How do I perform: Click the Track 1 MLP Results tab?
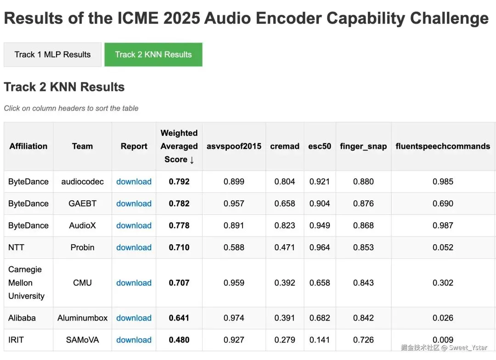pyautogui.click(x=52, y=55)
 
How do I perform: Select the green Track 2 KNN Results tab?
pyautogui.click(x=153, y=55)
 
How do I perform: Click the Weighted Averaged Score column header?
pyautogui.click(x=179, y=146)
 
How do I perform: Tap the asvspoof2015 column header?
pyautogui.click(x=234, y=146)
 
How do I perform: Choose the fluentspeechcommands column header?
pyautogui.click(x=443, y=146)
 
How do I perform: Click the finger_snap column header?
pyautogui.click(x=363, y=146)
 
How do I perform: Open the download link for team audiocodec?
pyautogui.click(x=134, y=181)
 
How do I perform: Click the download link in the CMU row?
pyautogui.click(x=134, y=283)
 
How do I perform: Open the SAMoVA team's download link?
pyautogui.click(x=134, y=340)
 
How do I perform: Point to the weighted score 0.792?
pyautogui.click(x=179, y=181)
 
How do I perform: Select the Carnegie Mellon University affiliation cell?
pyautogui.click(x=26, y=283)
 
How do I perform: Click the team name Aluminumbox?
pyautogui.click(x=83, y=318)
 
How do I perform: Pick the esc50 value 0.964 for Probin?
pyautogui.click(x=320, y=247)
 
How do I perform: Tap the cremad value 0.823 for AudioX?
pyautogui.click(x=285, y=225)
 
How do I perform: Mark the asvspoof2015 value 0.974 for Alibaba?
pyautogui.click(x=234, y=318)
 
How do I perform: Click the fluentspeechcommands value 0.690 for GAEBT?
pyautogui.click(x=443, y=203)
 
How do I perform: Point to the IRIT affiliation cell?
pyautogui.click(x=16, y=340)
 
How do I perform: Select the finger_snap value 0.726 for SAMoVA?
pyautogui.click(x=363, y=340)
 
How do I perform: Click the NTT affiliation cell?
pyautogui.click(x=16, y=247)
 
